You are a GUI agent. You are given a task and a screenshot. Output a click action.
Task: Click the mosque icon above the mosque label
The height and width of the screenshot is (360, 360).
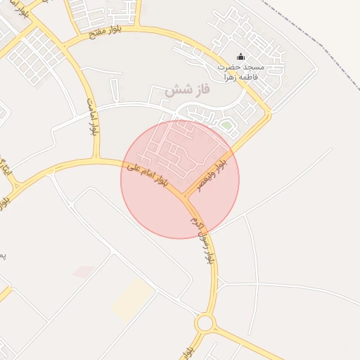[x=241, y=57]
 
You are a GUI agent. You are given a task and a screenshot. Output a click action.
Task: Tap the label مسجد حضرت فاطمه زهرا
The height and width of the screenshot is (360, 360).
[x=240, y=72]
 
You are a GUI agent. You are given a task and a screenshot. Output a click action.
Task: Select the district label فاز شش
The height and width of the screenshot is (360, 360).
[x=178, y=90]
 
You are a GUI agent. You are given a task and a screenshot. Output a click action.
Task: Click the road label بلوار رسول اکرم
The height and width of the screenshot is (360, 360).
[x=200, y=239]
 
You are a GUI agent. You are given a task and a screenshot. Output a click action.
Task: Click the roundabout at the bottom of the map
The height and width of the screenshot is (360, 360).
[x=205, y=323]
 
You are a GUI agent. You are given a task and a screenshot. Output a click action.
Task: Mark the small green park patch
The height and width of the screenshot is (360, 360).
[x=226, y=126]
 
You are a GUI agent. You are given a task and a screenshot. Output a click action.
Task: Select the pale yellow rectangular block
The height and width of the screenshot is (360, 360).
[x=134, y=299]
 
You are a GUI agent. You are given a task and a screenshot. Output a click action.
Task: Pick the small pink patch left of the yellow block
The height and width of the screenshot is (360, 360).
[x=84, y=271]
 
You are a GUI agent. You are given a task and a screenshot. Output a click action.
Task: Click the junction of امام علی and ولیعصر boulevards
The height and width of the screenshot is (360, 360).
[x=184, y=195]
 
